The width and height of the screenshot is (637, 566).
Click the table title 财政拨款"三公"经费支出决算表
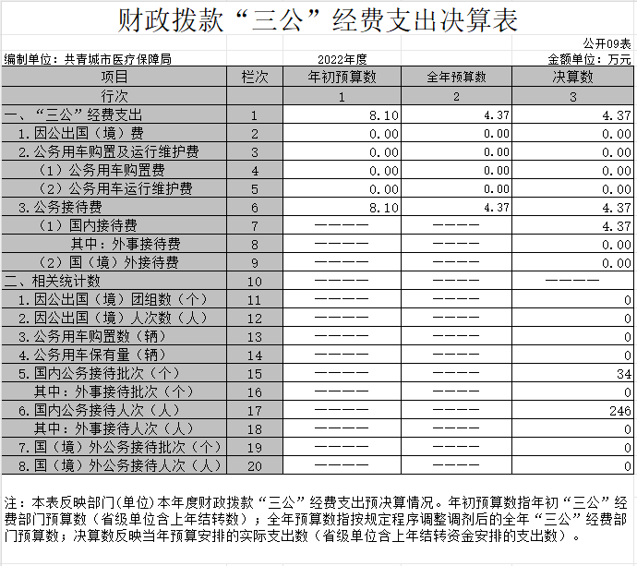[x=318, y=20]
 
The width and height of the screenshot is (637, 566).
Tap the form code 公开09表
[x=607, y=43]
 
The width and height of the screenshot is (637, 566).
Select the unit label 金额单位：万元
[x=590, y=59]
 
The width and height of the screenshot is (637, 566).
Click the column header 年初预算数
[x=342, y=78]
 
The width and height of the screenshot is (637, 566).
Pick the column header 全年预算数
[x=456, y=78]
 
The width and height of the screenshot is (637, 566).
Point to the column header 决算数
[x=573, y=78]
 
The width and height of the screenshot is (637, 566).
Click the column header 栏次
[x=254, y=78]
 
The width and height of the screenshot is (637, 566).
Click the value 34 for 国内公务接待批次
[x=624, y=374]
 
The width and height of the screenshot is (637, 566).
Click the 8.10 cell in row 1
[x=383, y=115]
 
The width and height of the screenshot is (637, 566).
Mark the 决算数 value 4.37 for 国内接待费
[x=616, y=226]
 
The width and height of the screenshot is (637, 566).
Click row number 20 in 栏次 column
[x=254, y=466]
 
